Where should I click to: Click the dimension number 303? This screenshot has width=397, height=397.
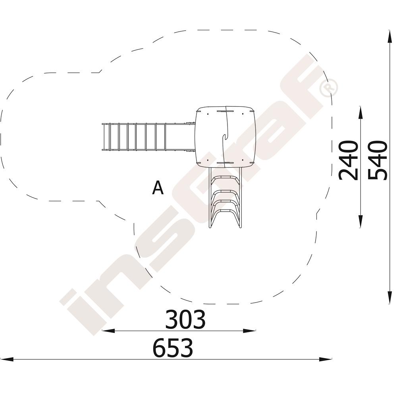(x=185, y=319)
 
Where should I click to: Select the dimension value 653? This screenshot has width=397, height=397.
(x=173, y=348)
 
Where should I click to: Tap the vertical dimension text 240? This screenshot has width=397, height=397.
(x=349, y=160)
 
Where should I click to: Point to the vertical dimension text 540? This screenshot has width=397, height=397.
(x=378, y=160)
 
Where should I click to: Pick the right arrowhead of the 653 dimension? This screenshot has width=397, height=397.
(x=326, y=359)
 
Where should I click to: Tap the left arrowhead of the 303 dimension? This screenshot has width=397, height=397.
(x=108, y=331)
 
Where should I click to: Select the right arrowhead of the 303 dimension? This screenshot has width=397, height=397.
(x=249, y=331)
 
